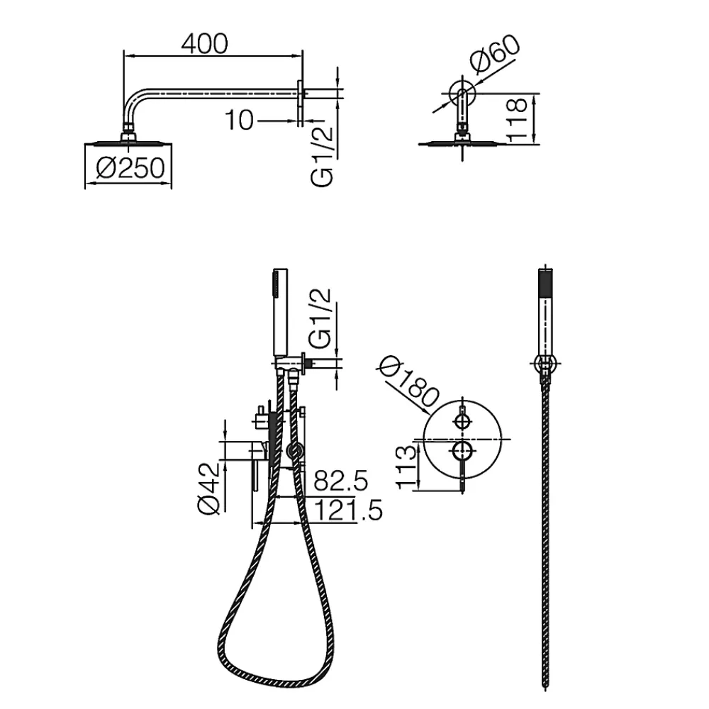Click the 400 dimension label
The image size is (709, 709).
click(x=204, y=44)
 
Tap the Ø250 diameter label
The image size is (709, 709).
click(x=130, y=168)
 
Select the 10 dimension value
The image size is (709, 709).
click(x=239, y=121)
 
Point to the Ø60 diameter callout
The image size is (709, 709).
click(x=495, y=53)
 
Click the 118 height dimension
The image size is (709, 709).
click(x=517, y=119)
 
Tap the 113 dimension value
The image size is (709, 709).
click(x=406, y=467)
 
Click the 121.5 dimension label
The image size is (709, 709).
click(x=348, y=510)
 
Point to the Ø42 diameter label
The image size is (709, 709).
click(x=209, y=489)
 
